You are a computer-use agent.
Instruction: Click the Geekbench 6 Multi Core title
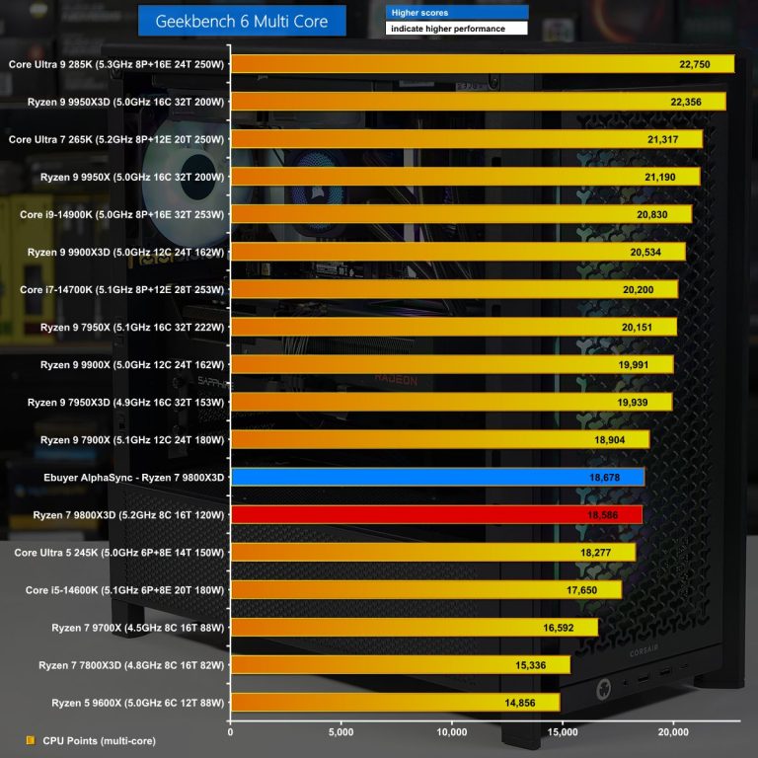242,21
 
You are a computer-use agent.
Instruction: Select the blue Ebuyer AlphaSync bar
437,477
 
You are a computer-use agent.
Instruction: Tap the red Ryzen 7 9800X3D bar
436,514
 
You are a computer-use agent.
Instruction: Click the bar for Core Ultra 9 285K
482,64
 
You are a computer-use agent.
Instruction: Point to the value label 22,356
690,102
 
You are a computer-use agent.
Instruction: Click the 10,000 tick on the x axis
452,732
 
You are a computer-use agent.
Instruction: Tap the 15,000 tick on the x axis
563,732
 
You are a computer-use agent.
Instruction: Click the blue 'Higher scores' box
456,13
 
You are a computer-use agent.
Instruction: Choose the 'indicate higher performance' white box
456,29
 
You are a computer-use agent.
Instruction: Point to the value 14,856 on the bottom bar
524,703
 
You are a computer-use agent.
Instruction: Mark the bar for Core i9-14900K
461,214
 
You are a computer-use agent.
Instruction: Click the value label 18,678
609,477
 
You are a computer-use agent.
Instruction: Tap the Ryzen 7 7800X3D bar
400,665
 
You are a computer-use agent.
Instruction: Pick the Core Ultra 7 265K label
117,139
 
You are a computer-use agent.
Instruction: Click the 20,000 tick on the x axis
673,732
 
